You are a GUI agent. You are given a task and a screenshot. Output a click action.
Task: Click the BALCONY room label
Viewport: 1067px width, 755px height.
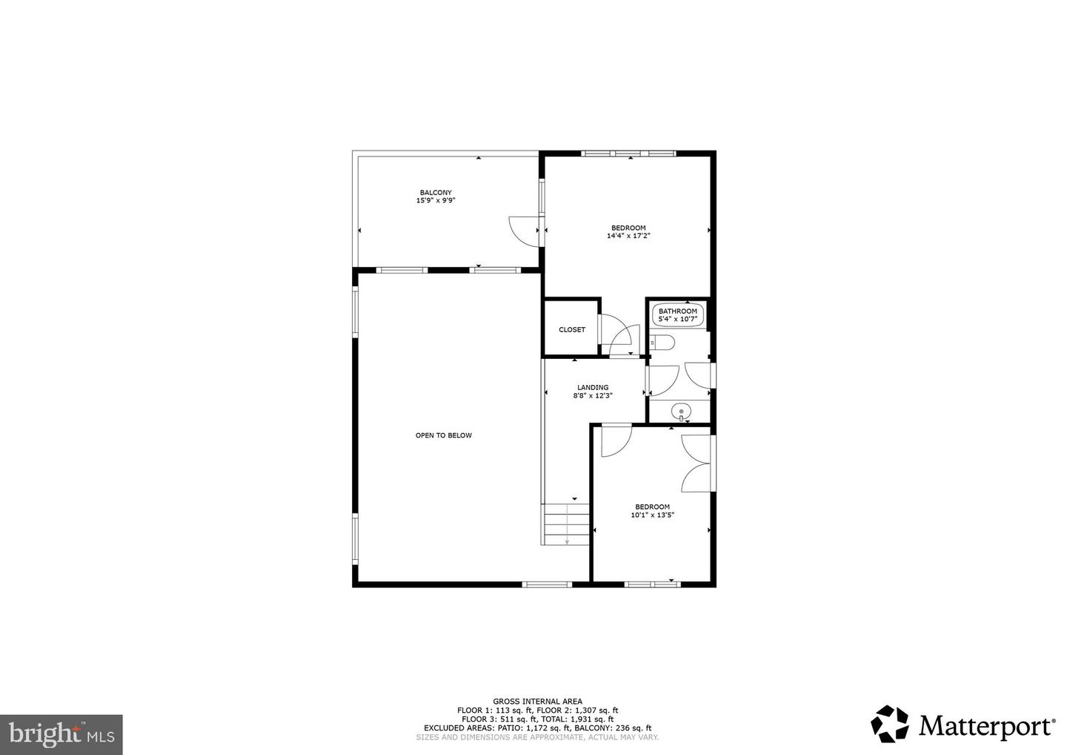(436, 193)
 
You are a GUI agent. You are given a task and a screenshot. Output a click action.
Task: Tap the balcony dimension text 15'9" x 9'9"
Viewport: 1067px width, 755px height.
(436, 200)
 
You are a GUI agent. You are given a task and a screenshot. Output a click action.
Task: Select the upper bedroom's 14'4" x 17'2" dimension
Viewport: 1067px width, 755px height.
(628, 236)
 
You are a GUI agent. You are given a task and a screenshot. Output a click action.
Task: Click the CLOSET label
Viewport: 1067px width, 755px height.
(572, 330)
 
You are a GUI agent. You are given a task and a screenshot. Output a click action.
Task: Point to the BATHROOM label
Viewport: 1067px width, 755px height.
(678, 311)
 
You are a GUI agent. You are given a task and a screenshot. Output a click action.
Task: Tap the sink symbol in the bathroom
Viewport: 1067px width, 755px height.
(680, 411)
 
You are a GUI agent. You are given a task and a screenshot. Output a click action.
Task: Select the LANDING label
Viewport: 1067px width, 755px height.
(593, 387)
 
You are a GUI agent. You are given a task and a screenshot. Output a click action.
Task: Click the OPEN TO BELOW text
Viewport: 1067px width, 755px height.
(443, 435)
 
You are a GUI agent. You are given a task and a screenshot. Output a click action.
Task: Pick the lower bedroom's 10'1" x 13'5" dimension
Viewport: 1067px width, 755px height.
(652, 515)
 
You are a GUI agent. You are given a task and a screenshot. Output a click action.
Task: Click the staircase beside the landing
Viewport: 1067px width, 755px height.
(566, 524)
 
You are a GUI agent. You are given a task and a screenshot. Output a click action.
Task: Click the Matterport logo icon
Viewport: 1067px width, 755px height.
(889, 724)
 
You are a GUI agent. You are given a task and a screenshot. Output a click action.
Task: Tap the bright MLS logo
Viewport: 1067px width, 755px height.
(61, 734)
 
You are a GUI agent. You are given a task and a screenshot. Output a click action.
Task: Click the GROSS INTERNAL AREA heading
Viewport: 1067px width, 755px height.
(537, 701)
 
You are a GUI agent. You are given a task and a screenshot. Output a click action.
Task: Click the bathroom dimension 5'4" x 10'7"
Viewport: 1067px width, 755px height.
(678, 320)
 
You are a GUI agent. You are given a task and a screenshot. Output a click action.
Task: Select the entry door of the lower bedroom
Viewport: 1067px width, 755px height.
(614, 441)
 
